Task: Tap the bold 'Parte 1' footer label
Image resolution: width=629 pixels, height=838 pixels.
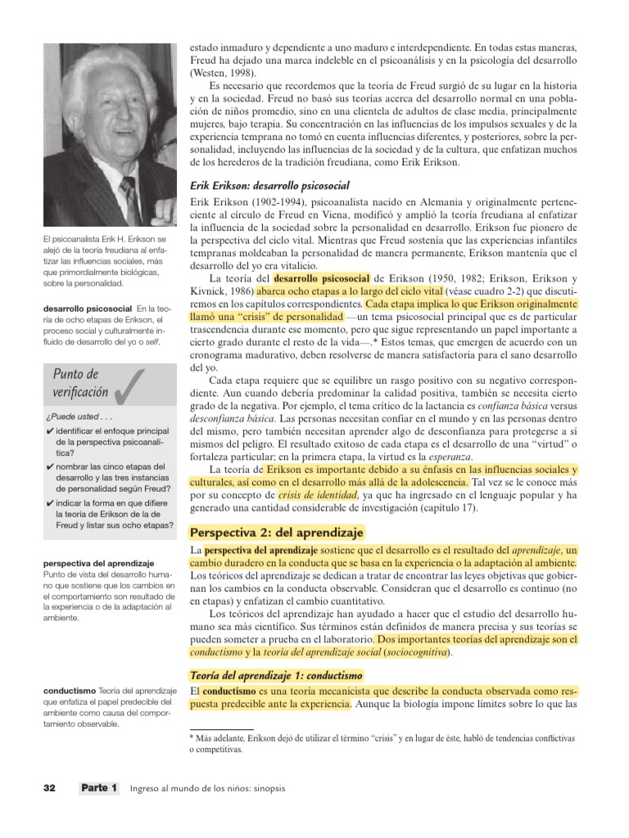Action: click(x=99, y=788)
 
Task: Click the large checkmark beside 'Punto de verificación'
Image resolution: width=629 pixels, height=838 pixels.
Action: click(x=130, y=385)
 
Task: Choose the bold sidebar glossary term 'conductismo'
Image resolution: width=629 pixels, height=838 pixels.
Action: click(x=69, y=691)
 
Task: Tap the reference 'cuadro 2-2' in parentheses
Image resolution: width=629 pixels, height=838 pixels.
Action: click(x=502, y=291)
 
